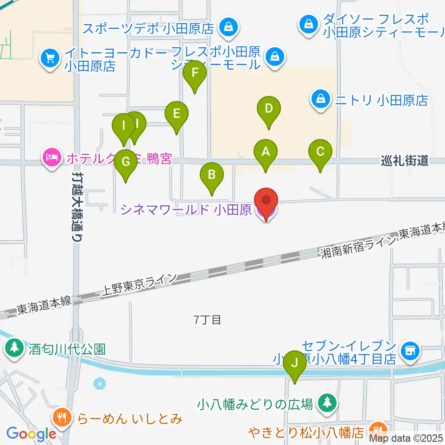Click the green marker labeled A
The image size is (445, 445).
266,152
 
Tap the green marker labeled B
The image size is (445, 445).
211,175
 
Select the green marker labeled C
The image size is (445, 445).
320,152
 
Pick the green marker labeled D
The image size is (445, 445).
268,109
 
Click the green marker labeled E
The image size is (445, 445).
176,114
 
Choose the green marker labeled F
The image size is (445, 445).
195,73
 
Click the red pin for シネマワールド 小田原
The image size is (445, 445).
266,201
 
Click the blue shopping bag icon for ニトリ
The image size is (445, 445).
320,99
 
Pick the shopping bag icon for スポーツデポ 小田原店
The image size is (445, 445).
229,27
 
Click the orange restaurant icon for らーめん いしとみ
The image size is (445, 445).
62,416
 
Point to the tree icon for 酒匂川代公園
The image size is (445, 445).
15,347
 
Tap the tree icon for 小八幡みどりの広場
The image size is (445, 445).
327,403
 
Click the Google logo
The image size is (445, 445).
31,434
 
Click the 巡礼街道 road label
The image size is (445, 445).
404,161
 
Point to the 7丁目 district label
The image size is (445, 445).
207,319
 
